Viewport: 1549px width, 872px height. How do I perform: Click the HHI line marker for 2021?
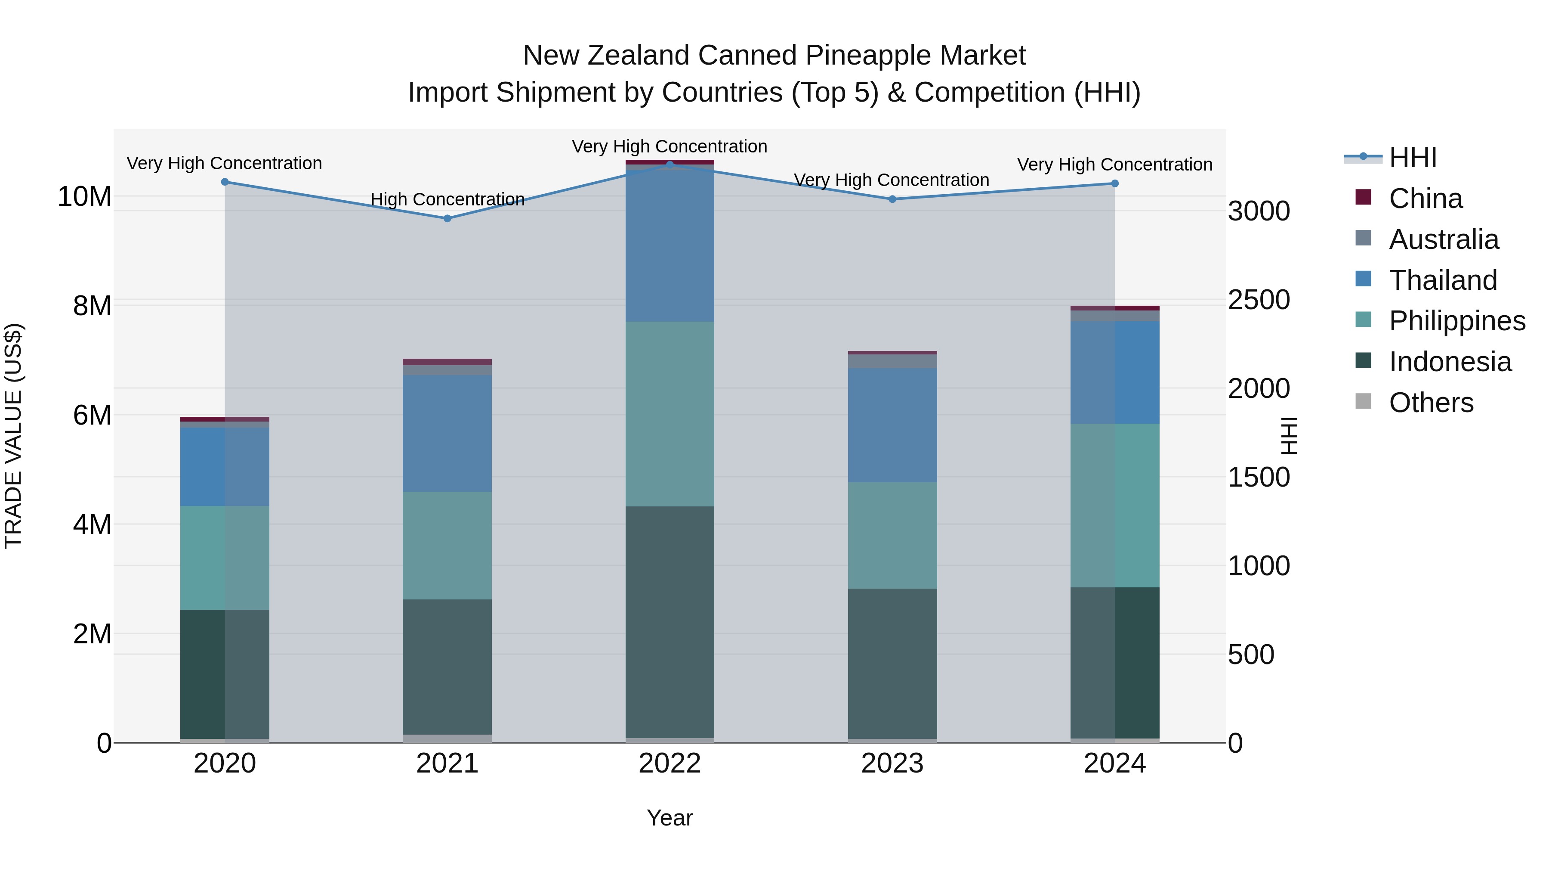pos(447,218)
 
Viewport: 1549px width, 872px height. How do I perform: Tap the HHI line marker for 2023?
pos(892,199)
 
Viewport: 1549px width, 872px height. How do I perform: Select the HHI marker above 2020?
pos(225,182)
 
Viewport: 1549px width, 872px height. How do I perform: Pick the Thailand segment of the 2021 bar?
pos(447,433)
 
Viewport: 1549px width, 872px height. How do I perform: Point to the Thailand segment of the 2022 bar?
pos(670,244)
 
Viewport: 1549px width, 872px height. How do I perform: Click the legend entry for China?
pos(1425,199)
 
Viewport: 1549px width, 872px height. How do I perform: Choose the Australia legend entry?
pos(1443,239)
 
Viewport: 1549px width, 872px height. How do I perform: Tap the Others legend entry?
pos(1431,403)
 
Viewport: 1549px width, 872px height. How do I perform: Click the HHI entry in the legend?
pos(1413,158)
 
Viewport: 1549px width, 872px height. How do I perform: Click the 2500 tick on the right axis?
pos(1259,300)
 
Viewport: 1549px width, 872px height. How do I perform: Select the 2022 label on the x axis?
pos(670,763)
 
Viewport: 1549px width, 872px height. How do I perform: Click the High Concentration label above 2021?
pos(447,199)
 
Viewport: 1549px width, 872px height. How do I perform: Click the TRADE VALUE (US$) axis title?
pos(13,436)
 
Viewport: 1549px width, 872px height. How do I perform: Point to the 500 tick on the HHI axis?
pos(1251,655)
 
